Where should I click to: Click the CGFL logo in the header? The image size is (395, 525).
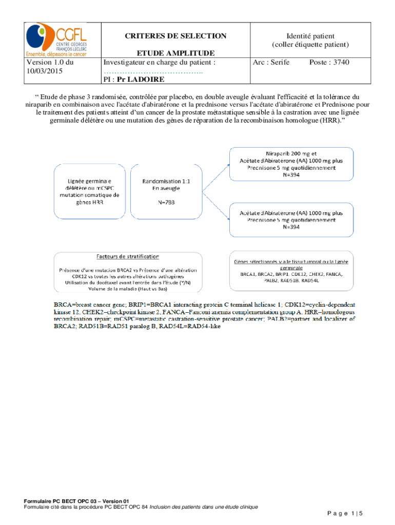click(x=57, y=39)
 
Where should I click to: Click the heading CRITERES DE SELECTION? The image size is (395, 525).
click(x=175, y=36)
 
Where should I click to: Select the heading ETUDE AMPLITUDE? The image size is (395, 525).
click(x=175, y=53)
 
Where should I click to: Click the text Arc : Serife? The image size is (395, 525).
click(x=271, y=63)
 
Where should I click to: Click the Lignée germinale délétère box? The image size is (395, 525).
click(x=90, y=191)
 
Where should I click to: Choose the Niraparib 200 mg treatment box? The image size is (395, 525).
click(x=291, y=164)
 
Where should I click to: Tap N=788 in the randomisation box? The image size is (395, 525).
click(x=165, y=202)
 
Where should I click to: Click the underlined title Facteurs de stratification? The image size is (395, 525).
click(x=128, y=256)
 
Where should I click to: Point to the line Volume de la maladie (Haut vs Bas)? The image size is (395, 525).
click(x=128, y=288)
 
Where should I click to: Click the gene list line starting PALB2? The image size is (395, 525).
click(x=291, y=280)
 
